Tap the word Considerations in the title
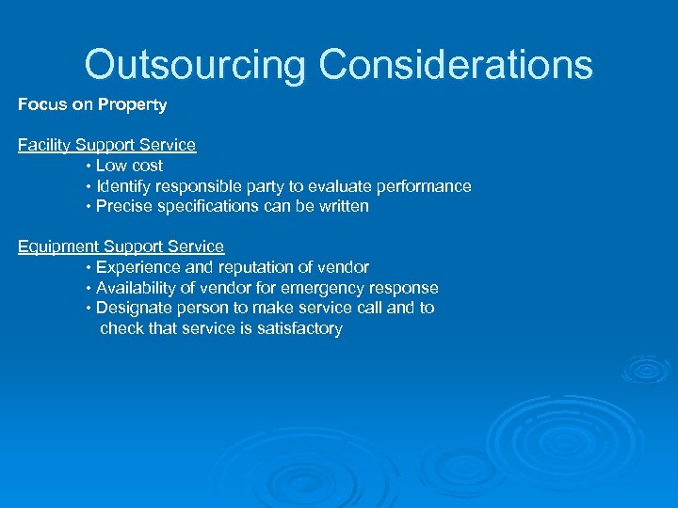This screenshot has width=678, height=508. (x=456, y=65)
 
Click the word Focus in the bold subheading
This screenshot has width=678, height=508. (x=41, y=104)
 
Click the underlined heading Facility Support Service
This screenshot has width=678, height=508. (x=106, y=145)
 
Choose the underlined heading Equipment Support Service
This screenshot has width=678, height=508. (x=121, y=246)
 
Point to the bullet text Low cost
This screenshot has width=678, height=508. (x=129, y=166)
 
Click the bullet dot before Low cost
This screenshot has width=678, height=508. (x=88, y=167)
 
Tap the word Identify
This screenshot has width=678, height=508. (x=128, y=186)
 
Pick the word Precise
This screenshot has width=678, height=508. (x=124, y=206)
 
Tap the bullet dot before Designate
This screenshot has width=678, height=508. (x=88, y=309)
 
